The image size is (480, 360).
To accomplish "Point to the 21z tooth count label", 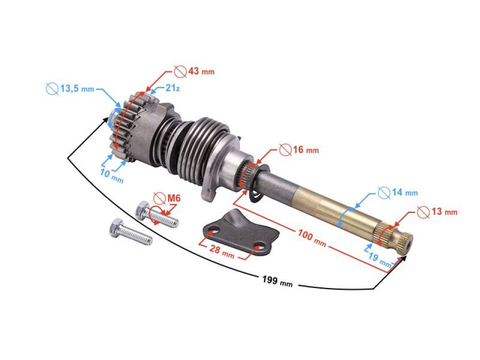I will tap(172, 88).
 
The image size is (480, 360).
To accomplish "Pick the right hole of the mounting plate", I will tap(259, 245).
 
